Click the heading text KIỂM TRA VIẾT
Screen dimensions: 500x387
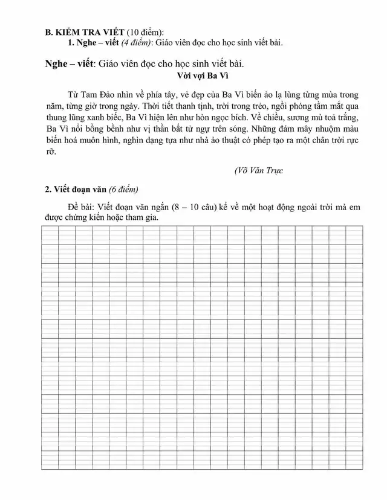(x=89, y=32)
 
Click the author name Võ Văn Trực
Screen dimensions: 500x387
(x=259, y=170)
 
